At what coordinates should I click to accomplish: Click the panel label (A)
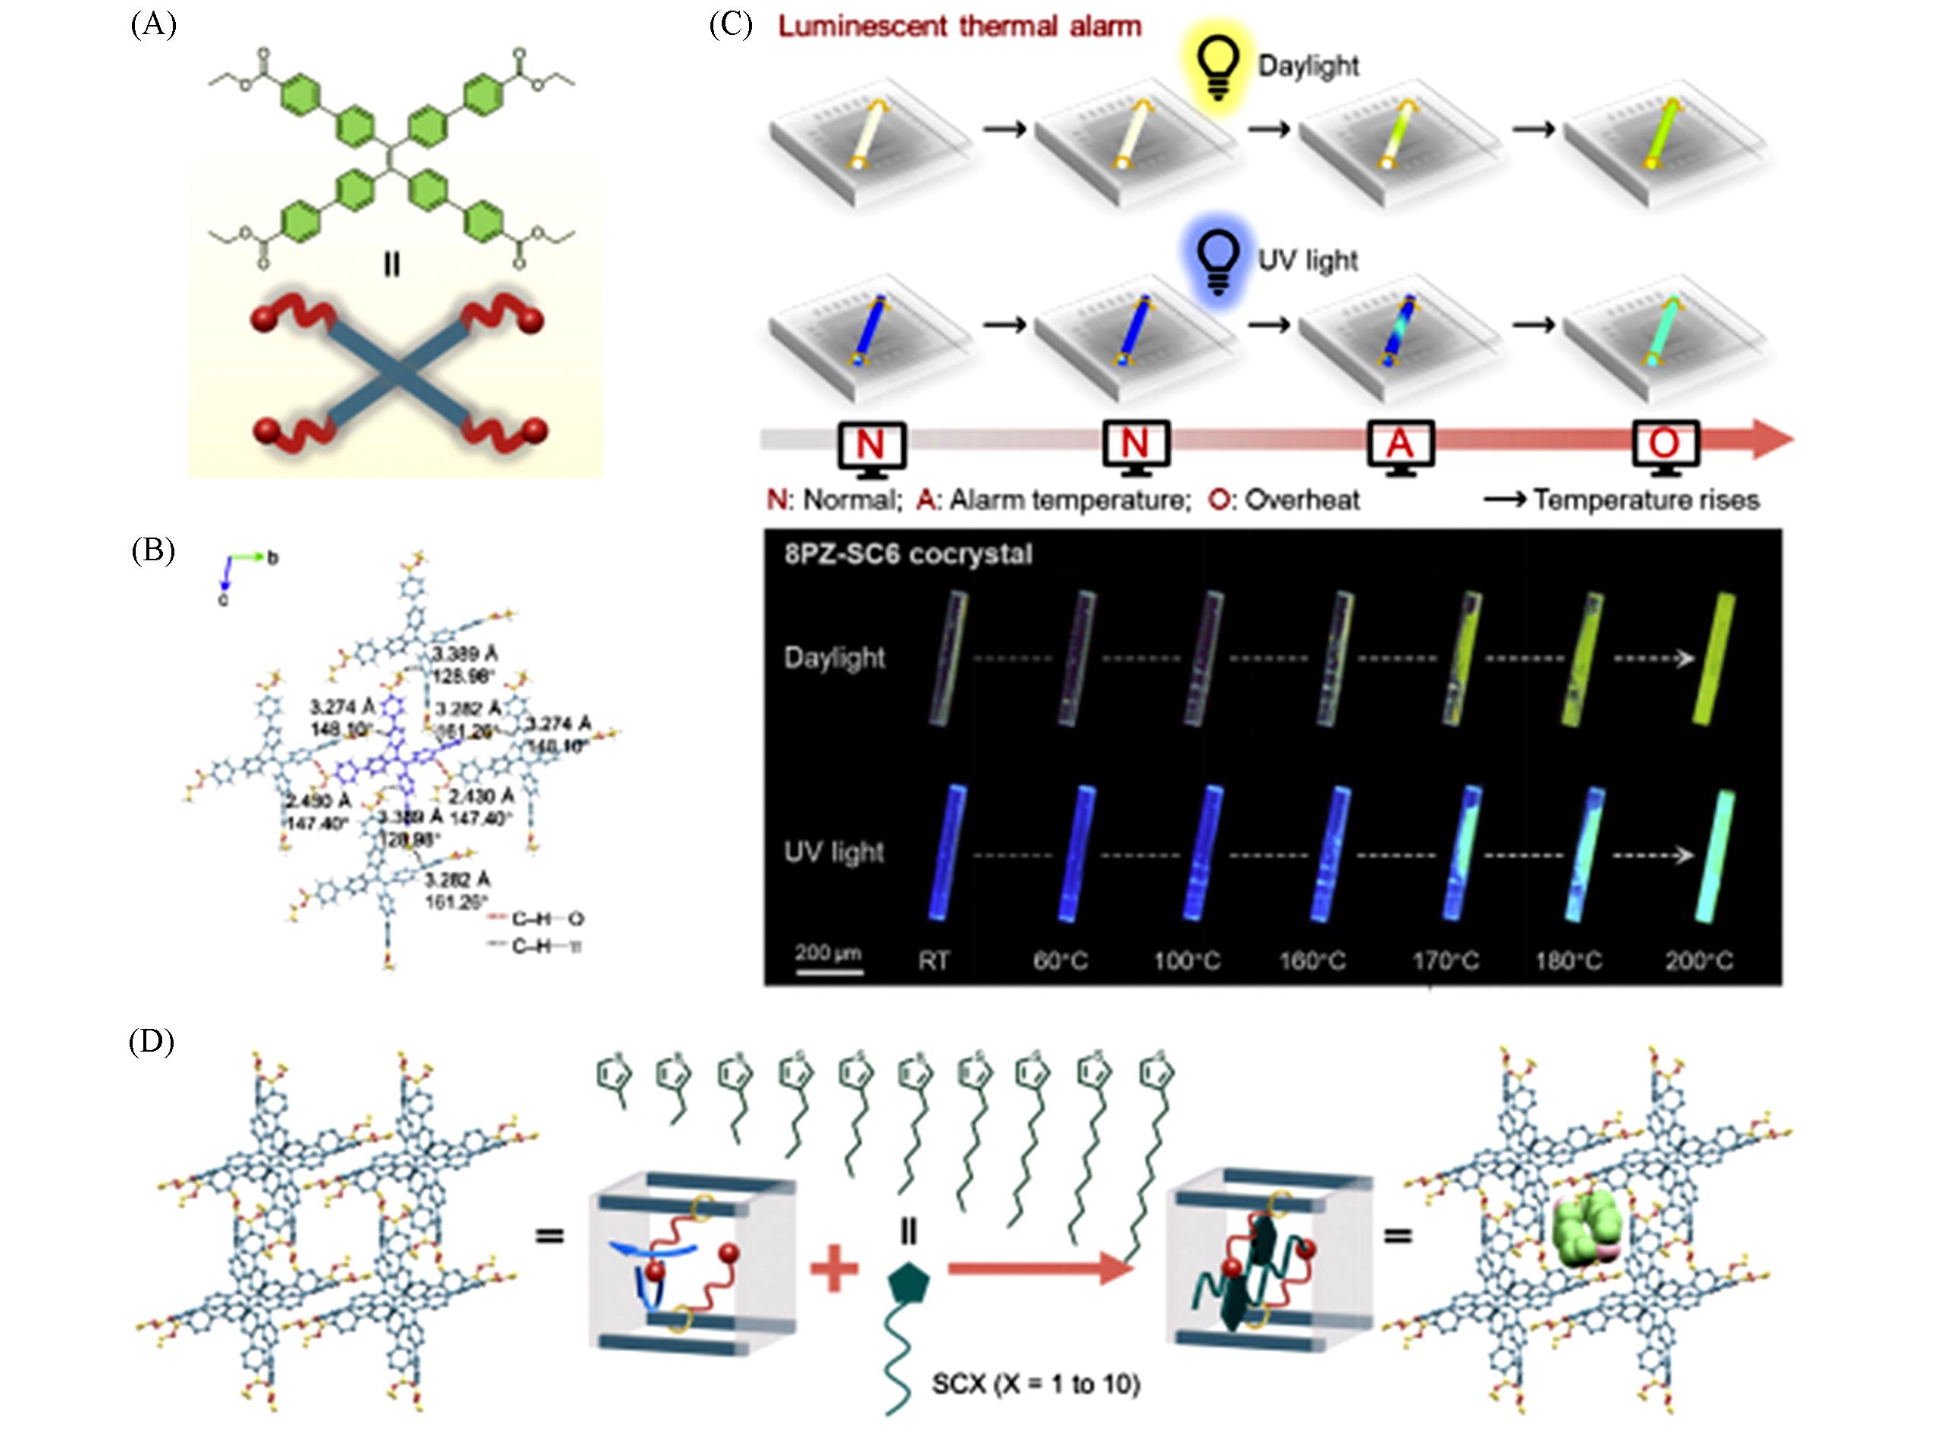pos(153,25)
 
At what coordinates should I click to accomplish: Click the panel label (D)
pos(152,1042)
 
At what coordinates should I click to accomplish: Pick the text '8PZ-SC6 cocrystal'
pos(908,554)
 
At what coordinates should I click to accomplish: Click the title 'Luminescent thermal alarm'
pos(959,27)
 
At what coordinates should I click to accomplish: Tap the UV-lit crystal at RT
pos(946,851)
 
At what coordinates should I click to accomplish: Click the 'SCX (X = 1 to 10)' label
pos(1036,1383)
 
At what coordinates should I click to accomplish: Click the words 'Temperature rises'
pos(1645,500)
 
